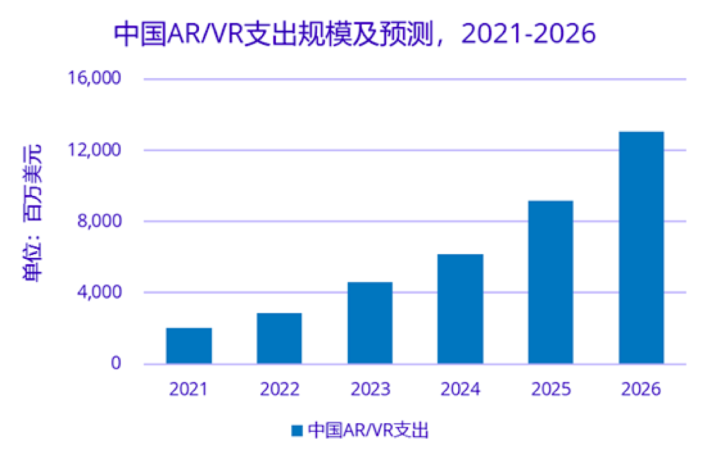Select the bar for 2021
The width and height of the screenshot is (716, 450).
(x=189, y=345)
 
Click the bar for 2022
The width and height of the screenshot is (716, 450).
(x=279, y=338)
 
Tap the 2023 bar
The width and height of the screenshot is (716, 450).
(x=370, y=323)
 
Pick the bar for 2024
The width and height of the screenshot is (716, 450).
(x=460, y=309)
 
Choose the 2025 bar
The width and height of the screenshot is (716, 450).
(x=551, y=282)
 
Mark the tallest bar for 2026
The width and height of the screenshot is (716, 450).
(x=641, y=247)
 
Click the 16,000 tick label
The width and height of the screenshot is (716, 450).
(x=94, y=79)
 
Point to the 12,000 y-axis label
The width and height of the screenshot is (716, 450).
(x=94, y=150)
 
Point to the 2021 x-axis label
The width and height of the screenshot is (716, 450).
(x=188, y=390)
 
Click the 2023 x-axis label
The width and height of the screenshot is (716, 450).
(x=370, y=390)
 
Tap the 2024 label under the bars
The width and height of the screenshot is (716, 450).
(x=460, y=390)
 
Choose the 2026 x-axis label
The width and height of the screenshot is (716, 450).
(x=641, y=390)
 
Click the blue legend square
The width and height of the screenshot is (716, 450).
(x=296, y=430)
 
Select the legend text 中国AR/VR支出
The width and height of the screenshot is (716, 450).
(x=369, y=430)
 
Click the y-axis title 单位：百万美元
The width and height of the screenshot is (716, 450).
(x=32, y=213)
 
